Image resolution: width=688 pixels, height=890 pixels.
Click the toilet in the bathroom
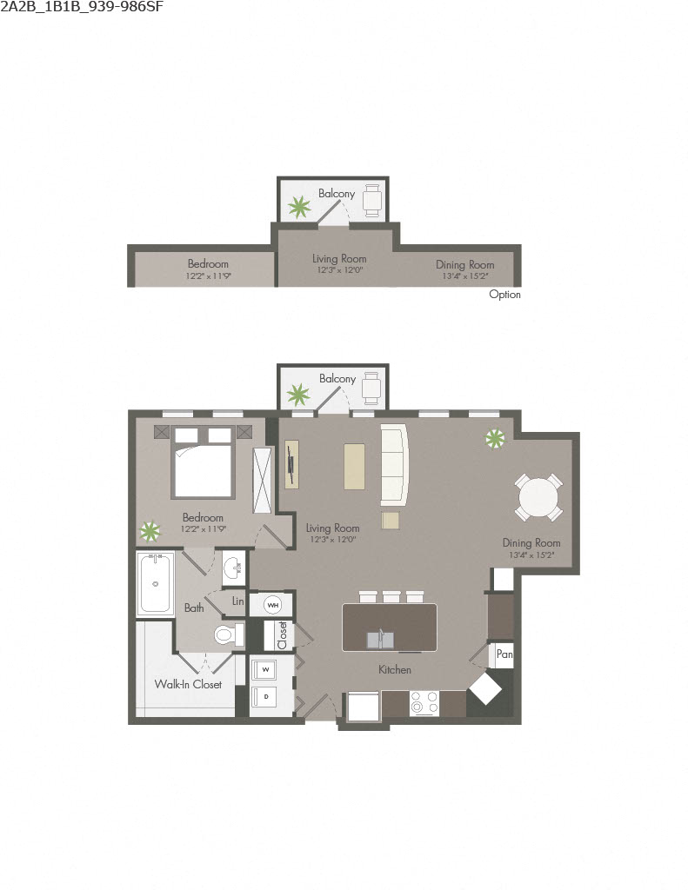(225, 635)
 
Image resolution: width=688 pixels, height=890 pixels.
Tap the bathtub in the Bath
(157, 584)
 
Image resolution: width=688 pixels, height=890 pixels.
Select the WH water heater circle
(272, 604)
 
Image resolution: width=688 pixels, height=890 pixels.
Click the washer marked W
(265, 670)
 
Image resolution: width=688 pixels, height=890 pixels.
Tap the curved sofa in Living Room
(394, 464)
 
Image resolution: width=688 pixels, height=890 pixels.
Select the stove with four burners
(424, 702)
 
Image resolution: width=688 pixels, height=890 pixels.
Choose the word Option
(504, 295)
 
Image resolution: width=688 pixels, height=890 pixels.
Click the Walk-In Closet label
(188, 684)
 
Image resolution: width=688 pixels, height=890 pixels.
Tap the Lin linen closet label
(237, 601)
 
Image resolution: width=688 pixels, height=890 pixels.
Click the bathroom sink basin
(233, 568)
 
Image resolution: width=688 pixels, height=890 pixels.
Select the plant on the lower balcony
(298, 395)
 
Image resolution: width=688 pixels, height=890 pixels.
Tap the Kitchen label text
(394, 670)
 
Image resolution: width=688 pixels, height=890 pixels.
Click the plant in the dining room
(496, 439)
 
